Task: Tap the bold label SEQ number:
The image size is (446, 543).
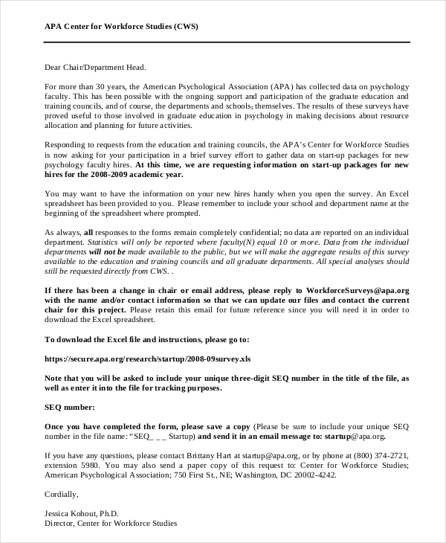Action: (70, 407)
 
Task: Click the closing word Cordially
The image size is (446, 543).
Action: (62, 494)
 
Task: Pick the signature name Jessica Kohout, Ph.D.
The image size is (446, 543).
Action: (82, 513)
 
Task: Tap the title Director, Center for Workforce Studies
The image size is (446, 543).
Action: (111, 523)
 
